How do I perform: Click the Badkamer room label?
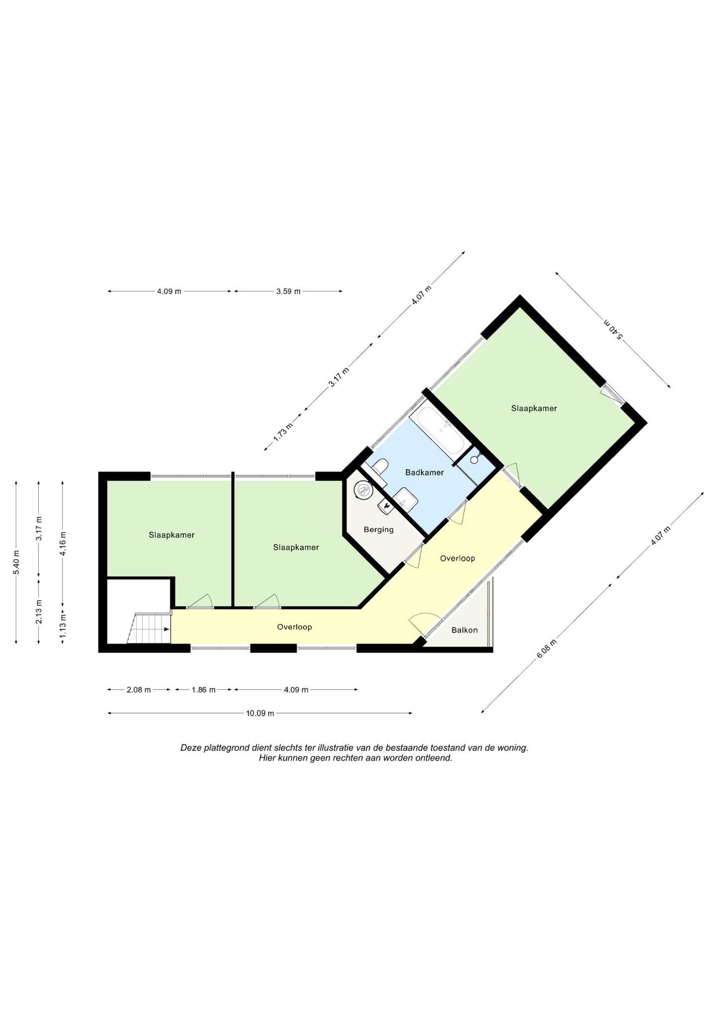424,472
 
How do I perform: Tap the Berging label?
378,529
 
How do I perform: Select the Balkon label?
465,630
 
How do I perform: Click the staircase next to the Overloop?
149,629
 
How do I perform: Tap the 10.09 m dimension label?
260,713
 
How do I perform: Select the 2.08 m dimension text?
138,690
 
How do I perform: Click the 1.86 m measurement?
204,690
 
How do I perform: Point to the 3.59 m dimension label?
288,291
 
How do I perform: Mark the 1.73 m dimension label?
283,433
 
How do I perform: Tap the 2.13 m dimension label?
39,612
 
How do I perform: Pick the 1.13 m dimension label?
63,627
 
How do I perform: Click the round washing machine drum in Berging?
363,491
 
